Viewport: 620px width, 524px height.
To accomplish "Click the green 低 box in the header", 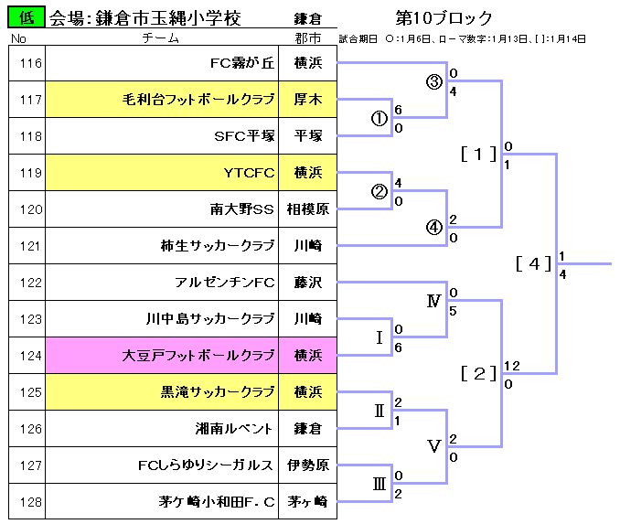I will (x=27, y=17).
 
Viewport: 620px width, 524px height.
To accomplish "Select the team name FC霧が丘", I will (x=242, y=63).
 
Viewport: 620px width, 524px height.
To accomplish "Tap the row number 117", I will (x=31, y=100).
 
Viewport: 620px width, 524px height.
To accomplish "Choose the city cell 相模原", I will (x=308, y=209).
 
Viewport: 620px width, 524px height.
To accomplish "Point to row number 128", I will (x=31, y=502).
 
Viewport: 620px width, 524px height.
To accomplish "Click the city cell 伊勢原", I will (x=308, y=465).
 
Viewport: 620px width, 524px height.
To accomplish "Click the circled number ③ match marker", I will (x=434, y=81).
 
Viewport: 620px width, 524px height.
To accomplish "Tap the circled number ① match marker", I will (x=379, y=118).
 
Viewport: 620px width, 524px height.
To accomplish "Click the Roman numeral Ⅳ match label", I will (x=434, y=301).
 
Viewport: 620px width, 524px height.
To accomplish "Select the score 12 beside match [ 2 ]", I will (x=511, y=366).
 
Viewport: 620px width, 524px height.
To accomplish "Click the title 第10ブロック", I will (x=444, y=18).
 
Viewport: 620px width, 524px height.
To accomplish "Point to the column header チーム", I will (x=165, y=38).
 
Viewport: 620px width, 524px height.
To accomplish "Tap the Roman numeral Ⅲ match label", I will (x=379, y=484).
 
